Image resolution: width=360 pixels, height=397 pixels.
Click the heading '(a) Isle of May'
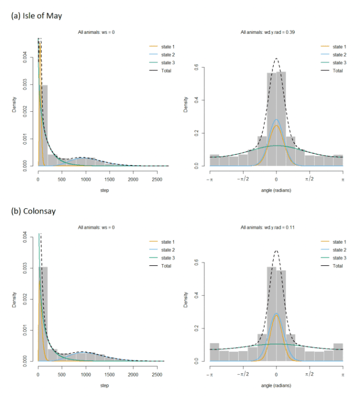point(37,16)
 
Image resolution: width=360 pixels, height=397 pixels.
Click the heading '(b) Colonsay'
point(33,211)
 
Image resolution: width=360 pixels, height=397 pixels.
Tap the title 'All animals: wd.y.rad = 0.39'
point(268,32)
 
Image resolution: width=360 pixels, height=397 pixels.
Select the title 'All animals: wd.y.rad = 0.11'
point(268,228)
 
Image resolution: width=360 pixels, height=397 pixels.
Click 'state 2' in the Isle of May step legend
point(168,55)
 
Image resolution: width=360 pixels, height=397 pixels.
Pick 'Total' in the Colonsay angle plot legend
point(338,266)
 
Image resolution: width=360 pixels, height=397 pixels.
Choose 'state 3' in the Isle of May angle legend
point(340,63)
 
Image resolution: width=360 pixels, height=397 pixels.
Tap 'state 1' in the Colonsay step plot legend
point(168,242)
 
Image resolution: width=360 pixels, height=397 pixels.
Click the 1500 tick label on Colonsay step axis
point(110,374)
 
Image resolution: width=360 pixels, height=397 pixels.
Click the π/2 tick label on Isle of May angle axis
point(310,179)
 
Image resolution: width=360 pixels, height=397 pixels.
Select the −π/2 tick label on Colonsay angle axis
point(243,374)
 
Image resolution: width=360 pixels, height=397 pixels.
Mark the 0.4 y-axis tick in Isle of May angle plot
point(197,100)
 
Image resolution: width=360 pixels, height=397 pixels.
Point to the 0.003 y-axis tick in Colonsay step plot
point(25,268)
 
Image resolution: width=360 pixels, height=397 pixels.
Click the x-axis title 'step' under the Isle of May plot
point(104,190)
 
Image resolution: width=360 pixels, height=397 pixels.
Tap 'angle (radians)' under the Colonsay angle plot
point(276,385)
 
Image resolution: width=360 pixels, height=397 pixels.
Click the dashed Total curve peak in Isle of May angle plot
point(276,59)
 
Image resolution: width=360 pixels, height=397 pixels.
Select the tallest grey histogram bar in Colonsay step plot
point(43,314)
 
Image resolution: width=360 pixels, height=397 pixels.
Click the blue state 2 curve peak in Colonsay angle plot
point(276,314)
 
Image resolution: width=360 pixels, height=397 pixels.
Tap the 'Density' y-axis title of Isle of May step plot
point(14,105)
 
